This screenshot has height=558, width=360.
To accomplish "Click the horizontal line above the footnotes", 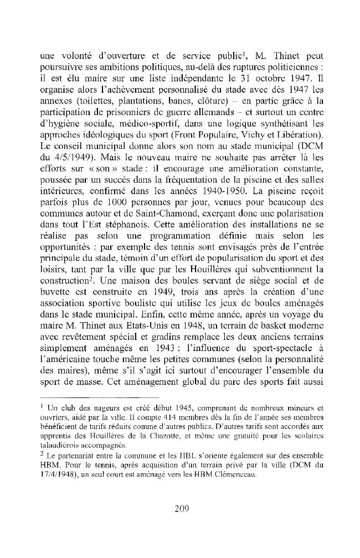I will tap(100, 398).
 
